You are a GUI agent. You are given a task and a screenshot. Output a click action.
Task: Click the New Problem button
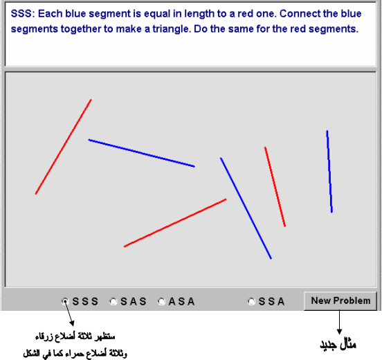pyautogui.click(x=340, y=300)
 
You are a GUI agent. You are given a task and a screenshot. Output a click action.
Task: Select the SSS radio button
pyautogui.click(x=65, y=302)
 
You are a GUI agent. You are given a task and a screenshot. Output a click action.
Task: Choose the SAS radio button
pyautogui.click(x=113, y=302)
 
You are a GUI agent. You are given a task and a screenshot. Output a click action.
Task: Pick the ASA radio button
pyautogui.click(x=161, y=302)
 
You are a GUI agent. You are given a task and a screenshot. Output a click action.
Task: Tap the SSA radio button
pyautogui.click(x=251, y=302)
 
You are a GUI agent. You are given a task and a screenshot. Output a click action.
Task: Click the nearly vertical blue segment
pyautogui.click(x=329, y=172)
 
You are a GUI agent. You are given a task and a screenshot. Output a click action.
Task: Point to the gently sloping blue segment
pyautogui.click(x=142, y=153)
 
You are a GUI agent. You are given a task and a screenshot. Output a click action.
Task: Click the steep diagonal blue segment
pyautogui.click(x=246, y=208)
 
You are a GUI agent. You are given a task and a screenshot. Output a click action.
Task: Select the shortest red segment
pyautogui.click(x=275, y=187)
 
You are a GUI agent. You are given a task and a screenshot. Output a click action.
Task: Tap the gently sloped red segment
pyautogui.click(x=175, y=223)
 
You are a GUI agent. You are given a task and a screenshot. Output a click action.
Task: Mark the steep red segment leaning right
pyautogui.click(x=64, y=147)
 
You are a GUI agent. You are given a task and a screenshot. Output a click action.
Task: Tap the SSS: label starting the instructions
pyautogui.click(x=23, y=14)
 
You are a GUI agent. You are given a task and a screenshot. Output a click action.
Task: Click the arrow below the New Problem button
pyautogui.click(x=339, y=322)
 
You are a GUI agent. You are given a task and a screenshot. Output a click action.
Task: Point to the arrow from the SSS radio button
pyautogui.click(x=69, y=314)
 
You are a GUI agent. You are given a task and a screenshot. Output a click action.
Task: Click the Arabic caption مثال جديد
pyautogui.click(x=338, y=345)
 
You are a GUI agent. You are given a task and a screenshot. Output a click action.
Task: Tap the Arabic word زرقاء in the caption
pyautogui.click(x=44, y=337)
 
